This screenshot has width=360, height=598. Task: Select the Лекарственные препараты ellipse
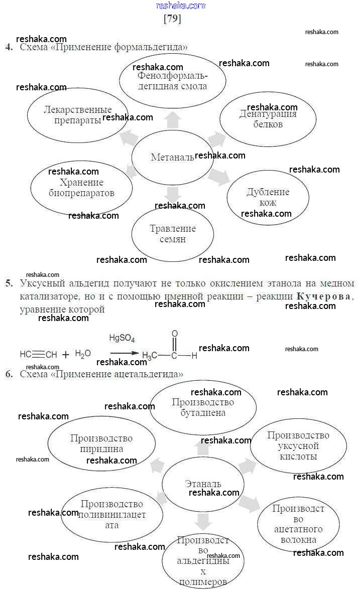(x=77, y=116)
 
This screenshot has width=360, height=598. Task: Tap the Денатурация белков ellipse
(x=268, y=119)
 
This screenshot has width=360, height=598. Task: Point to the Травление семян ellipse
(x=173, y=234)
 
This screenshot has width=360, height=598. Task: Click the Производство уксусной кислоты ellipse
(x=298, y=445)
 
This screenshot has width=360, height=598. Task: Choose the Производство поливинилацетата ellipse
(x=111, y=515)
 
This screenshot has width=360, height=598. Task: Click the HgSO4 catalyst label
(x=122, y=339)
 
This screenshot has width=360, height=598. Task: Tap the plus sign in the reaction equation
(x=66, y=355)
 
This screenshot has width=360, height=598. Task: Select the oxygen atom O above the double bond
(x=174, y=334)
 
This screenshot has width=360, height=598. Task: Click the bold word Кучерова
(x=324, y=296)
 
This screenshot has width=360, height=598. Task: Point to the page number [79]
(x=172, y=19)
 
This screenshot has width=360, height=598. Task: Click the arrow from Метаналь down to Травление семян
(x=173, y=194)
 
